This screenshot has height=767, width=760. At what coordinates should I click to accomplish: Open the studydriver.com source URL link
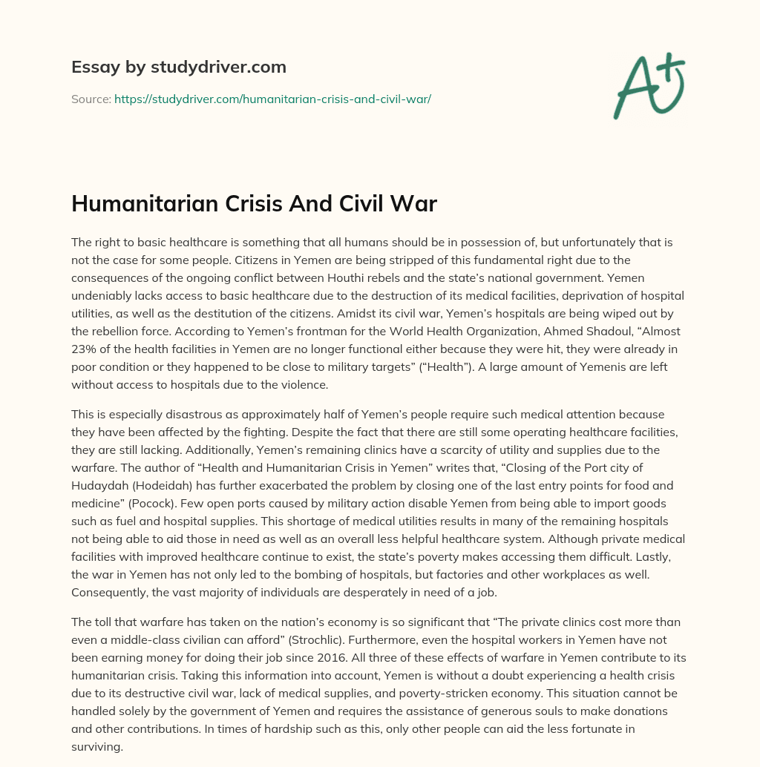[x=272, y=98]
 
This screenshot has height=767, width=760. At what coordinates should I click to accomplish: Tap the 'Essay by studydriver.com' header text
[x=179, y=67]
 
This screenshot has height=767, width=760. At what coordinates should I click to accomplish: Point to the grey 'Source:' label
[x=91, y=98]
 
